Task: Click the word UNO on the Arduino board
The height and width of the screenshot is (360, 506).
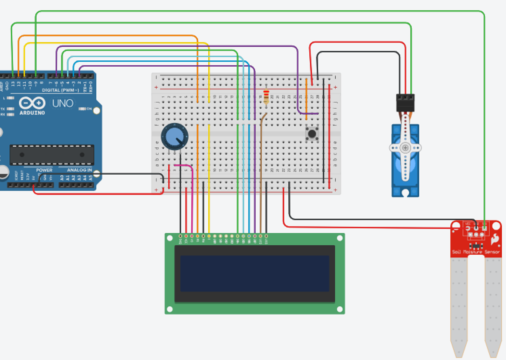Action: (x=63, y=103)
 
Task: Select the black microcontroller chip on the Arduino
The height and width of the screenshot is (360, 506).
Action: (x=52, y=155)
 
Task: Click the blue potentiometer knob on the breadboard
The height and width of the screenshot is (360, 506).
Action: (x=174, y=137)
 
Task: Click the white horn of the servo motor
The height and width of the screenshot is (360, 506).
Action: (x=405, y=148)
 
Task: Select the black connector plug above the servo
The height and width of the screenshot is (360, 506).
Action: (x=405, y=103)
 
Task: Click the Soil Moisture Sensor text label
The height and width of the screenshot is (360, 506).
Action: (x=476, y=252)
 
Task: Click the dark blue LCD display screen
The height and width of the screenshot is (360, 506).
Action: (x=254, y=274)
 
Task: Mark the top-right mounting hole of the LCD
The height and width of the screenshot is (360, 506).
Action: (x=340, y=238)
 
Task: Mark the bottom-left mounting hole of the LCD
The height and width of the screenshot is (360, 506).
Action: (x=170, y=309)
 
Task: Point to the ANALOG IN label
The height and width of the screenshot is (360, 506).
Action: (x=79, y=170)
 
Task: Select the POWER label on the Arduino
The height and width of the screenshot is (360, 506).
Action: (x=44, y=170)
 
